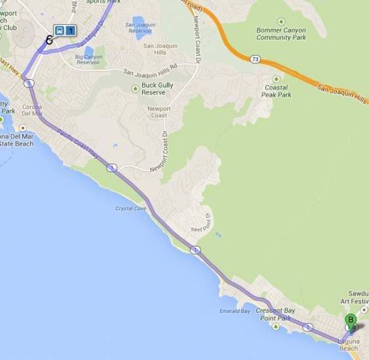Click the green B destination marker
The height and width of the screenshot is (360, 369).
tap(351, 320)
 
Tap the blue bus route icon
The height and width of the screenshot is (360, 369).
tap(64, 30)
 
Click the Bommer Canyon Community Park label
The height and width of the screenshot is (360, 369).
tap(282, 34)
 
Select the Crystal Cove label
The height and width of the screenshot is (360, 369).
tap(130, 209)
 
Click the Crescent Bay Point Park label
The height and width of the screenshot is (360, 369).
tap(273, 314)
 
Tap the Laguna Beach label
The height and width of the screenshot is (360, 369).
tap(348, 344)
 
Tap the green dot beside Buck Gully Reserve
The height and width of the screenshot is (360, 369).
tap(136, 89)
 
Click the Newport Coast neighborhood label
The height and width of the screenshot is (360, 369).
tap(159, 112)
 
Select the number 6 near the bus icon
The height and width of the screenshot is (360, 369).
tap(49, 39)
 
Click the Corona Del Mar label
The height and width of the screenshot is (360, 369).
tap(32, 110)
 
